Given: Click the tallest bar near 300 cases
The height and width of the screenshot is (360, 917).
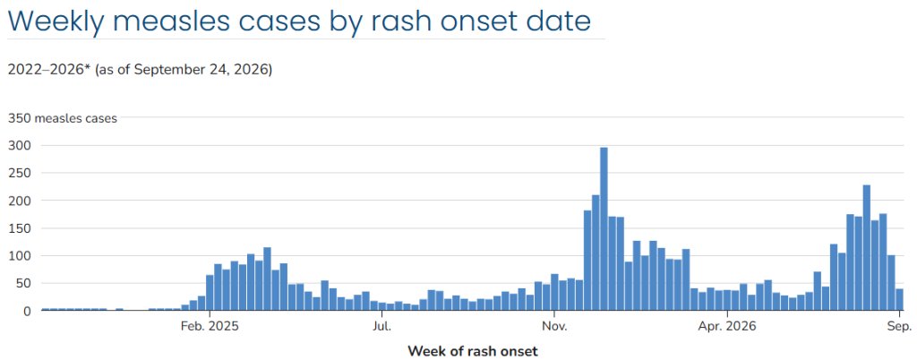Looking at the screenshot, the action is pyautogui.click(x=604, y=228).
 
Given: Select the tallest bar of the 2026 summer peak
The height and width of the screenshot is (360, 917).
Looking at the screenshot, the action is pyautogui.click(x=867, y=248).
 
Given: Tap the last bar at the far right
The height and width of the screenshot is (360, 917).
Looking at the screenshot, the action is pyautogui.click(x=899, y=299).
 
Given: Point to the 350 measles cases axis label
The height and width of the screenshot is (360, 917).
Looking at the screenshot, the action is pyautogui.click(x=63, y=118).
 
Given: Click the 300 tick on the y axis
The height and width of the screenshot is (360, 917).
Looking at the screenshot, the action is pyautogui.click(x=17, y=145).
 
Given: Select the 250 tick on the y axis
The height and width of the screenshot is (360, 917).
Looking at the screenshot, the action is pyautogui.click(x=17, y=173).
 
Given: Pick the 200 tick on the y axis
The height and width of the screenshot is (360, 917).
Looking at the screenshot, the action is pyautogui.click(x=17, y=201).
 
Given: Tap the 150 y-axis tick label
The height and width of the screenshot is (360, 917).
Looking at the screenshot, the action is pyautogui.click(x=17, y=228).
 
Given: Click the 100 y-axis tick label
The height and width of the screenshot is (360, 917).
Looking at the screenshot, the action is pyautogui.click(x=17, y=256).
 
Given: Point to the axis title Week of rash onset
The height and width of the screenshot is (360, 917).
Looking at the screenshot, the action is pyautogui.click(x=473, y=351).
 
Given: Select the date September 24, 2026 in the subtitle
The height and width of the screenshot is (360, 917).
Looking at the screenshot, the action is pyautogui.click(x=200, y=70).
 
